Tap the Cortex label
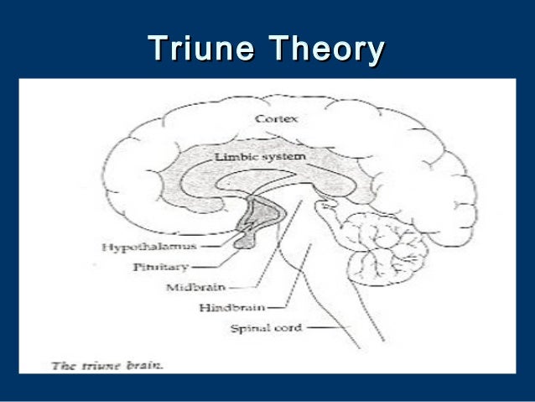(x=276, y=119)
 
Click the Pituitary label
(x=153, y=267)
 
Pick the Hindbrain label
(x=232, y=307)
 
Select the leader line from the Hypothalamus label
(x=216, y=247)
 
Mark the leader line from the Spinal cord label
(x=323, y=327)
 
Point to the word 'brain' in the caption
(x=122, y=364)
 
